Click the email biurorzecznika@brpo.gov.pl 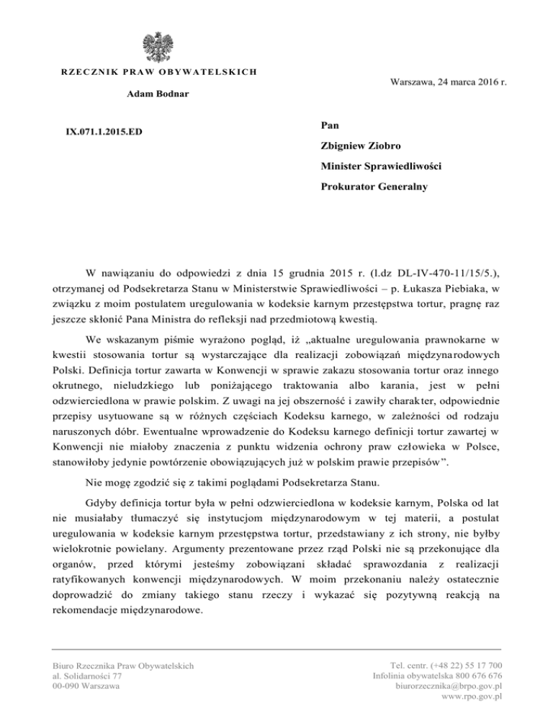(449, 686)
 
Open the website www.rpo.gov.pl (471, 697)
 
